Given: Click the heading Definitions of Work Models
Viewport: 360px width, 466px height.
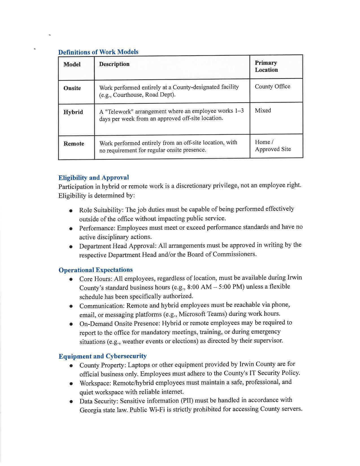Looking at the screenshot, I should coord(98,52).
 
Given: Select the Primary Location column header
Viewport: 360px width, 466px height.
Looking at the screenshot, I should coord(266,66).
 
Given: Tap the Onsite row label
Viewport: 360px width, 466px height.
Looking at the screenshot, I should coord(72,88).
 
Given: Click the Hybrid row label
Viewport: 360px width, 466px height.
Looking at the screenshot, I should coord(73,112).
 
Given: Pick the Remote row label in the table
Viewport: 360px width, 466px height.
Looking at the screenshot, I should coord(74,144).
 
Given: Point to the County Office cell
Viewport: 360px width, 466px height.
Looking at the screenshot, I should coord(272,86).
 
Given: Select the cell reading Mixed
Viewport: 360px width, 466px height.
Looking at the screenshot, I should coord(263,110).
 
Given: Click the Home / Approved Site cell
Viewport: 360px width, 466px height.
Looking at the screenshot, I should coord(272,146).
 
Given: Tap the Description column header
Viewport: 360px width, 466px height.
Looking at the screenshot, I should coord(114,64).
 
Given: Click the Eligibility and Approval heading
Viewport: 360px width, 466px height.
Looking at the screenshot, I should coord(93,178).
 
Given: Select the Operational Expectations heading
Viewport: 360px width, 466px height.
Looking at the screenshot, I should coord(95,270).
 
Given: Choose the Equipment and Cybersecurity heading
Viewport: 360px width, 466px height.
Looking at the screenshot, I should coord(102,356).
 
